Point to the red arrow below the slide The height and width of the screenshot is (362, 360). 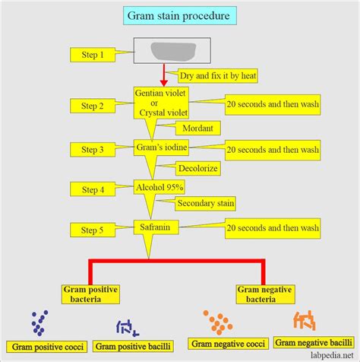[x=163, y=75]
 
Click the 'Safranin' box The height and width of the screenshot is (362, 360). [x=162, y=226]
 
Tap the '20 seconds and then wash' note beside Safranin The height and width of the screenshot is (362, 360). [x=271, y=226]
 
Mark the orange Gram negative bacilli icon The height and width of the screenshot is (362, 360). [x=308, y=322]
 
